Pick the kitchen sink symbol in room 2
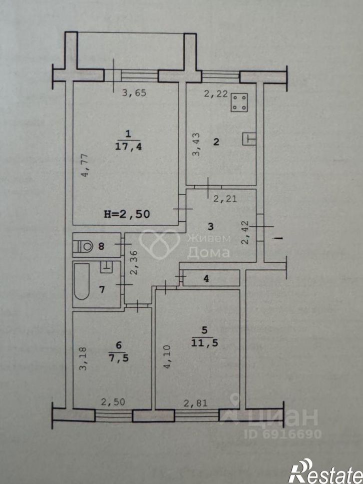[249, 139]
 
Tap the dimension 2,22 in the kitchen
[213, 92]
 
